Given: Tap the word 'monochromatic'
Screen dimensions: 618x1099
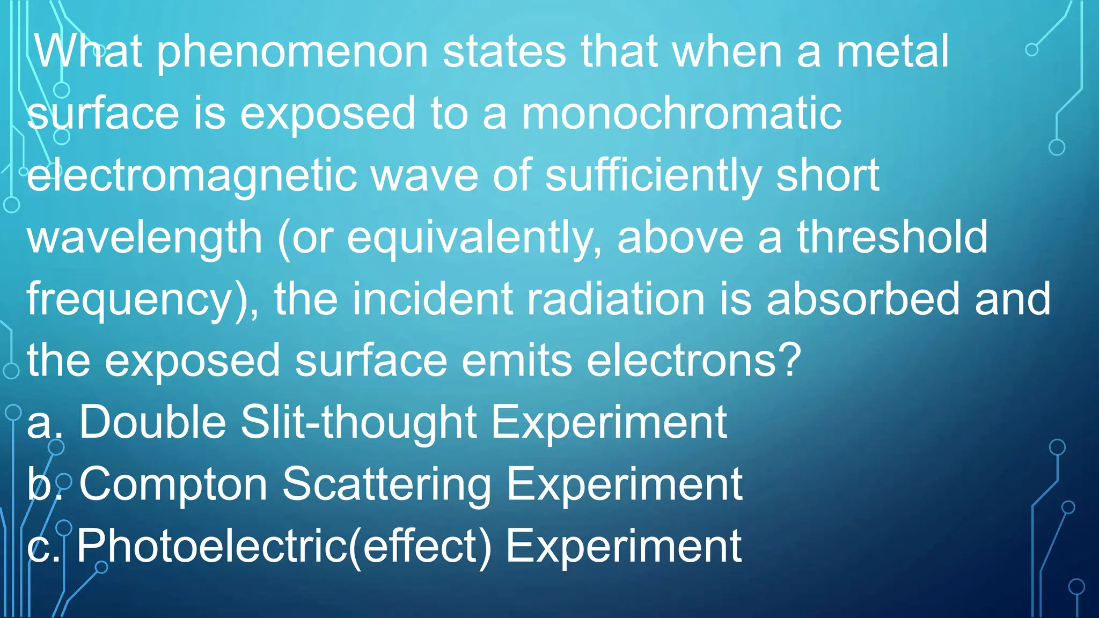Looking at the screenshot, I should (682, 114).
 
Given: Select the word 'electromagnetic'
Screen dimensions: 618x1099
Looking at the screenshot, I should (192, 176).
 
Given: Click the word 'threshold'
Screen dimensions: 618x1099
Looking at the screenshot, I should (892, 237).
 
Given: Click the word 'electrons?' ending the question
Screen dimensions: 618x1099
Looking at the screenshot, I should (694, 360).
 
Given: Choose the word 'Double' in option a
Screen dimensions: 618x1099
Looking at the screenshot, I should (153, 422).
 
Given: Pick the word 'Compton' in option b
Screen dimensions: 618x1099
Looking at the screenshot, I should (173, 484).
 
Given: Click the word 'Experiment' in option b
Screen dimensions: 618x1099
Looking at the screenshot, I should (625, 484).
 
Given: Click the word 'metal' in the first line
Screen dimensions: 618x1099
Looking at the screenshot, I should (892, 52).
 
